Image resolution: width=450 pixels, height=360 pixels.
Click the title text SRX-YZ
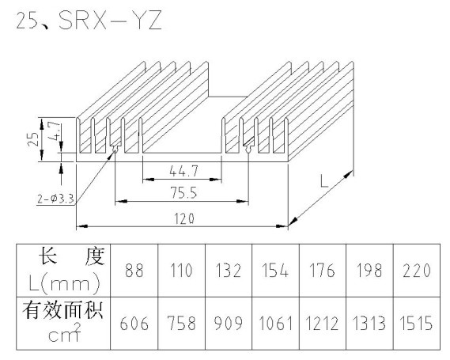pos(110,20)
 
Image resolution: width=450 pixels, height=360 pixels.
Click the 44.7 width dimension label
pos(183,171)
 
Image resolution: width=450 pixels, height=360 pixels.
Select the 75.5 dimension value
pos(184,193)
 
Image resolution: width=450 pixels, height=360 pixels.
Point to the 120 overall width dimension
pos(184,219)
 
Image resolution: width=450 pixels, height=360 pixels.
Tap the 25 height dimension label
pos(33,139)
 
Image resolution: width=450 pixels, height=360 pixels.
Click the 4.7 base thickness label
pos(55,131)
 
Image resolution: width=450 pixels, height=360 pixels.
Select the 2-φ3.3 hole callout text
pos(55,199)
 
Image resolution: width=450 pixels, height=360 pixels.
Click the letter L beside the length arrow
pos(324,181)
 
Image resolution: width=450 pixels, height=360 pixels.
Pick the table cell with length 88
pos(134,271)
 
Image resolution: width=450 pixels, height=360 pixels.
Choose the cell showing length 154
pos(275,271)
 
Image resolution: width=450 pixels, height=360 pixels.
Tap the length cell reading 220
pos(417,271)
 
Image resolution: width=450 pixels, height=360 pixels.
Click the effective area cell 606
pos(134,323)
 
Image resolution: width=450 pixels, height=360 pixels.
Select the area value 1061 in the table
pos(276,323)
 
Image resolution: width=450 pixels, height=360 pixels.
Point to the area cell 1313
pos(369,323)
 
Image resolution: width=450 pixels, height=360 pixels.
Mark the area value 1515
pos(417,323)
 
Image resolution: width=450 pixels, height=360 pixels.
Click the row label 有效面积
pos(62,310)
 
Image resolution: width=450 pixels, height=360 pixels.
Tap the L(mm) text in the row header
pos(65,283)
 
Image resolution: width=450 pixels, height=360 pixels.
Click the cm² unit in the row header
pos(65,333)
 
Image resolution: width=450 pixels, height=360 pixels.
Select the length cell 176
pos(323,271)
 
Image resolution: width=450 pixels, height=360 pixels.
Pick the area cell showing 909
pos(229,323)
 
